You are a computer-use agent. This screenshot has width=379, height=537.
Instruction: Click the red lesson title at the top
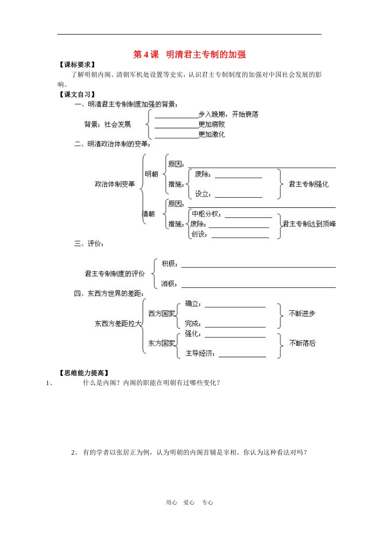[189, 55]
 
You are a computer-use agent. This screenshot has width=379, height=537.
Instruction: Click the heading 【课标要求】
[77, 65]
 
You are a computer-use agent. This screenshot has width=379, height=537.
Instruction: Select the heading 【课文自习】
[77, 95]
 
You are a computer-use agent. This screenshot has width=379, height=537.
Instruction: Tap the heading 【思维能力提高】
[84, 373]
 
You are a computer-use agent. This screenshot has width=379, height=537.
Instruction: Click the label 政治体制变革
[115, 184]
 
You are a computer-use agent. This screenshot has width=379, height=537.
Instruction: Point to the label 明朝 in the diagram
[151, 174]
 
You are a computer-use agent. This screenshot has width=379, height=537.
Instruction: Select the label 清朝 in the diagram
[148, 214]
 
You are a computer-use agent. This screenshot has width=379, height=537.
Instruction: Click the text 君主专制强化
[308, 184]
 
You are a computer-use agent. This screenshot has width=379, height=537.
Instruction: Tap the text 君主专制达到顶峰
[309, 224]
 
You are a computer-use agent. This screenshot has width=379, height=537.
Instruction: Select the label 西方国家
[162, 314]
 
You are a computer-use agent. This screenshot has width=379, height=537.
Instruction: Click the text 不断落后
[302, 343]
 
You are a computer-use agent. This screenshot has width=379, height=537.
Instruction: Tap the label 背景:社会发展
[108, 124]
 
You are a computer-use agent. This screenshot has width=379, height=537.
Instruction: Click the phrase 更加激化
[212, 135]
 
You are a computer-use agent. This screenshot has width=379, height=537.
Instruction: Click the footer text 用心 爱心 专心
[189, 503]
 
